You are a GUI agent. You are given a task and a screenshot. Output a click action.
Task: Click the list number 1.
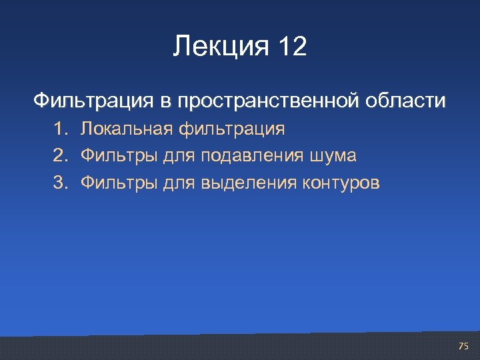(x=61, y=128)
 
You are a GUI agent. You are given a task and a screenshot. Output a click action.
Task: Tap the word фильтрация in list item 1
(x=235, y=128)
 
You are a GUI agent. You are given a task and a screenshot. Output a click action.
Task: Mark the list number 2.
(x=61, y=156)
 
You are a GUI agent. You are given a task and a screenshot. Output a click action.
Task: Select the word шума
(x=333, y=156)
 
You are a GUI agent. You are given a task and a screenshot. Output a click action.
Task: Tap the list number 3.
(x=61, y=183)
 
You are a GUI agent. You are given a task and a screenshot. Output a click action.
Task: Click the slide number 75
(x=463, y=346)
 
